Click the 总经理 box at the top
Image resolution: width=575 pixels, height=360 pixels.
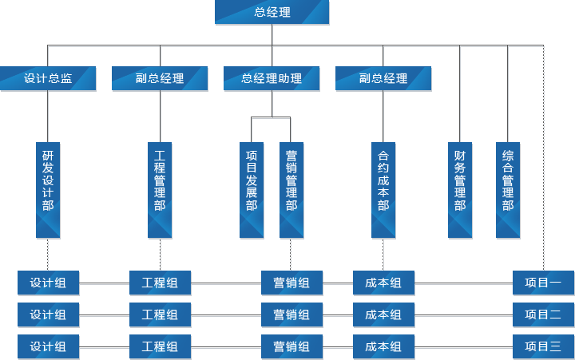(272, 12)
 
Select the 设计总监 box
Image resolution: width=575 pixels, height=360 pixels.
(48, 78)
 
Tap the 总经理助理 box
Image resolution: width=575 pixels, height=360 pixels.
(272, 78)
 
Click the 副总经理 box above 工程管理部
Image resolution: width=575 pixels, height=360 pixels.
(160, 78)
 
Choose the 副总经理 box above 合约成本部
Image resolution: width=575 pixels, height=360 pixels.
(383, 78)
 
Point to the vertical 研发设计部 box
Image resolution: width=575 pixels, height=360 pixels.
(48, 190)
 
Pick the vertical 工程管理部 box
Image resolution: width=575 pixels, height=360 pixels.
(160, 190)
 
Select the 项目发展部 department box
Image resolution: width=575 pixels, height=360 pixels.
(252, 190)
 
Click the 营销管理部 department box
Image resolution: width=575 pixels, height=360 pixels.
(291, 190)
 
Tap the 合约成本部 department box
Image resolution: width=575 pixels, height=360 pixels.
(383, 190)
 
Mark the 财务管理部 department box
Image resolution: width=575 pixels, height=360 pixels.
(460, 190)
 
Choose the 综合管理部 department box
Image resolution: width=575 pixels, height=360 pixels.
(508, 190)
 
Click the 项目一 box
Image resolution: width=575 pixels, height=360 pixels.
(543, 283)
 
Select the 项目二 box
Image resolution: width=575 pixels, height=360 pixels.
(543, 315)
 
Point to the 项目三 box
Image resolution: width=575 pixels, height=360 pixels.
(543, 346)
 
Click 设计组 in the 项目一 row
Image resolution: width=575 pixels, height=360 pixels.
(48, 283)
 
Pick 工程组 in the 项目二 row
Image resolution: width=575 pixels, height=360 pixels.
(160, 315)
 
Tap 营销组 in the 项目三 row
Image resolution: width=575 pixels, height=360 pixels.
(291, 346)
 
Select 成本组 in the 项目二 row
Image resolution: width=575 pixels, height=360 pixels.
(383, 315)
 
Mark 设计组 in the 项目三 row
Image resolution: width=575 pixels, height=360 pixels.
(48, 346)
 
